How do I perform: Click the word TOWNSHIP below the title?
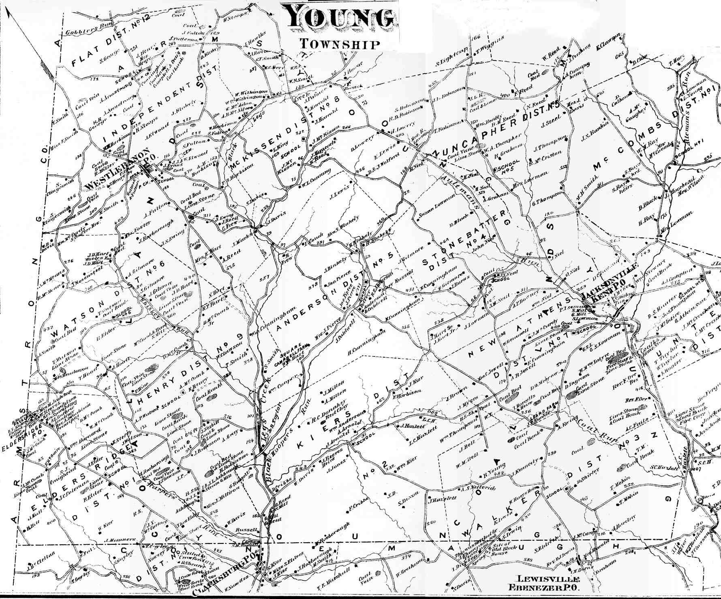coord(340,44)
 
